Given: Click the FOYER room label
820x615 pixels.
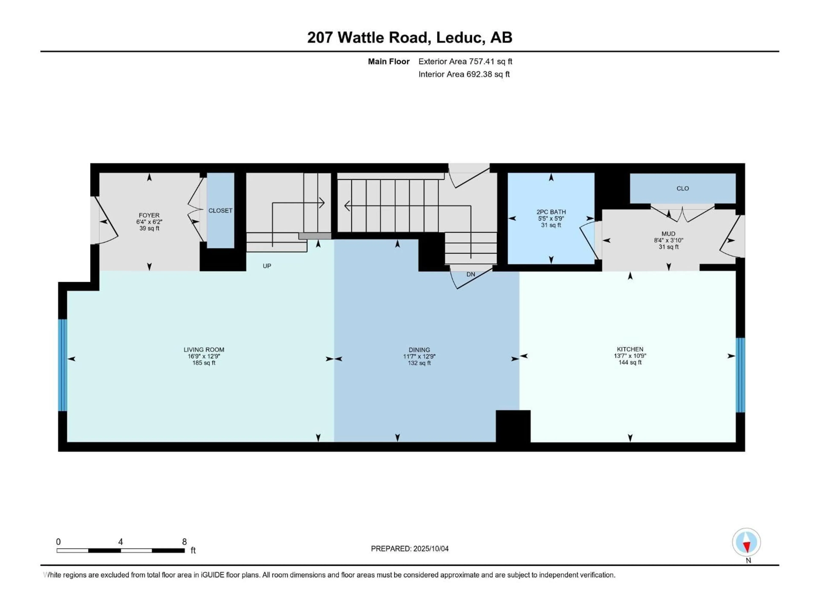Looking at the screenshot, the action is pyautogui.click(x=149, y=215).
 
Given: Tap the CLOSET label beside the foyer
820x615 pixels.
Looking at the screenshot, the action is pyautogui.click(x=220, y=211).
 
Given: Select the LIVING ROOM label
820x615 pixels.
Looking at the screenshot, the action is pyautogui.click(x=204, y=350).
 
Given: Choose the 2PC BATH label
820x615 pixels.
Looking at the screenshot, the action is pyautogui.click(x=551, y=212).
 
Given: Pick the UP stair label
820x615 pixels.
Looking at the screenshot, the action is pyautogui.click(x=267, y=266).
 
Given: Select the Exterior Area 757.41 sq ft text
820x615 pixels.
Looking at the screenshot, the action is pyautogui.click(x=465, y=61).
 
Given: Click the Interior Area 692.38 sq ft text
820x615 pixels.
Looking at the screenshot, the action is pyautogui.click(x=464, y=74).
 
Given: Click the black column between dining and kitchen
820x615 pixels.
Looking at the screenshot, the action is pyautogui.click(x=513, y=426).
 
